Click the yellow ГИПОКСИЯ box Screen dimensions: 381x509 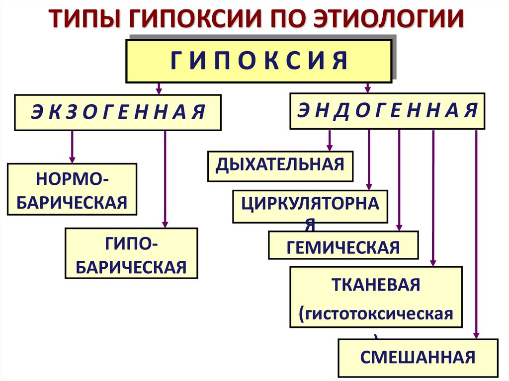258,62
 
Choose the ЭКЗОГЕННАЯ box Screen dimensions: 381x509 117,112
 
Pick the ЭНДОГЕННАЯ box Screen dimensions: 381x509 387,111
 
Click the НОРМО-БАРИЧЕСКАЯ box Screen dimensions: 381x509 72,189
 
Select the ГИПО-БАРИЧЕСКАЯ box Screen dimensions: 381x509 131,253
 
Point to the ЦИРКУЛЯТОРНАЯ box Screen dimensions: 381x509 310,206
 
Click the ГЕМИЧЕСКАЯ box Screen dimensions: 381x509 343,246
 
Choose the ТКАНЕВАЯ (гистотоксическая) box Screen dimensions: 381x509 376,297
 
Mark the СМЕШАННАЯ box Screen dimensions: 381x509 418,357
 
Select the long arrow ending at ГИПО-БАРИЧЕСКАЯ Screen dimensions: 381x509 165,179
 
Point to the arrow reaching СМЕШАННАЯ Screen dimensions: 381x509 476,233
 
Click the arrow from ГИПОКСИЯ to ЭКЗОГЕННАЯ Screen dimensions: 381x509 159,88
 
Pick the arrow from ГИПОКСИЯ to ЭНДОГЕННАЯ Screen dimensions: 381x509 368,87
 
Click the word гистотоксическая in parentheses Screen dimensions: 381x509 376,314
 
